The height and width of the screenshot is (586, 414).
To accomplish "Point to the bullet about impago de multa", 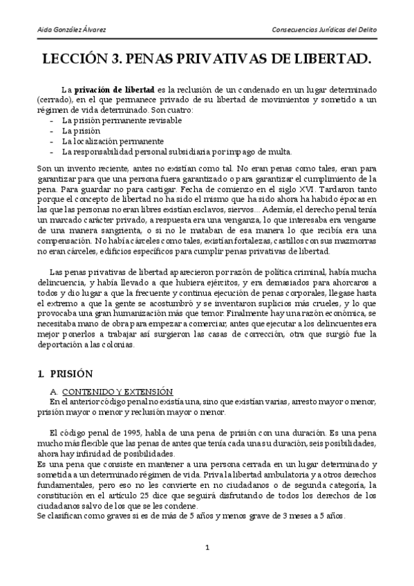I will click(x=176, y=151).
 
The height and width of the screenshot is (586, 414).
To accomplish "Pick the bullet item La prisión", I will click(x=81, y=130).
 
